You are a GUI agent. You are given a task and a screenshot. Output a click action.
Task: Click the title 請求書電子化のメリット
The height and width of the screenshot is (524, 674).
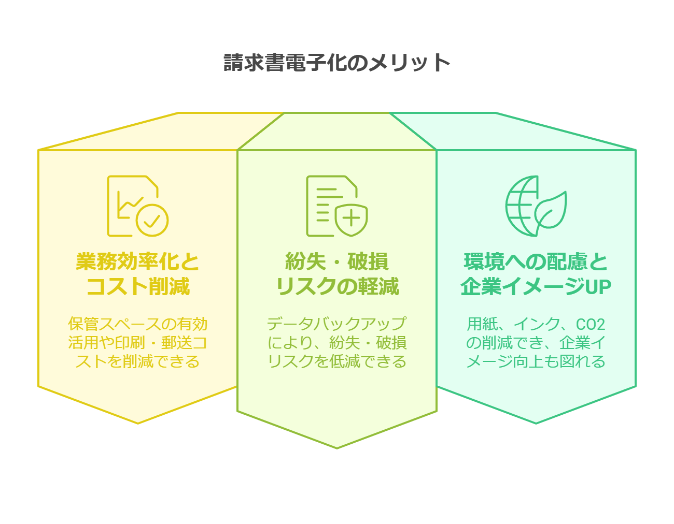[x=337, y=63]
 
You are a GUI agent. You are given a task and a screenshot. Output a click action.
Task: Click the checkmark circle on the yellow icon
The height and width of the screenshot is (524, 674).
[x=152, y=221]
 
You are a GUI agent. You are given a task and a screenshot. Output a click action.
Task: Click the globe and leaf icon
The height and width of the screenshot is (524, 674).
[x=535, y=206]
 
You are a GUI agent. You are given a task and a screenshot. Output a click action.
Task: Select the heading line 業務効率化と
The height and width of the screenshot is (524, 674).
[x=138, y=262]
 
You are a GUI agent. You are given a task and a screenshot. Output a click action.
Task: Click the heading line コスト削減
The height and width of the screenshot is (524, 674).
[x=138, y=286]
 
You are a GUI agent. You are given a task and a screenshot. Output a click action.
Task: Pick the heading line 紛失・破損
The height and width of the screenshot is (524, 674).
[x=337, y=262]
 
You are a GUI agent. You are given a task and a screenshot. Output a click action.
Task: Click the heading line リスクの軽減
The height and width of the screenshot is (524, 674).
[x=337, y=286]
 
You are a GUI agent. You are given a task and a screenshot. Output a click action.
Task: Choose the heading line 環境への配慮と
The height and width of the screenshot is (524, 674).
[x=536, y=262]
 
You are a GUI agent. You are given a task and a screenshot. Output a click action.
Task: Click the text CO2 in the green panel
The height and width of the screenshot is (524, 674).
[x=591, y=325]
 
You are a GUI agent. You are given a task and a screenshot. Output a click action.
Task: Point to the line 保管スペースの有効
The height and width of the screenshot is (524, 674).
[x=138, y=325]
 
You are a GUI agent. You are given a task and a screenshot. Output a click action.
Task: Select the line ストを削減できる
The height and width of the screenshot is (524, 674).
[x=138, y=361]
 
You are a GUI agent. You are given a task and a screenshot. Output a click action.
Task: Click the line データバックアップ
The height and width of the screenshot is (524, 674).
[x=337, y=325]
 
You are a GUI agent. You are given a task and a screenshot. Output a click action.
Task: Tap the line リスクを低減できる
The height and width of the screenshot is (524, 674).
[x=337, y=361]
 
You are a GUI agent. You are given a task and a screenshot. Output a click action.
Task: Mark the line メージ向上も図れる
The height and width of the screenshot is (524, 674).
[x=536, y=361]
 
